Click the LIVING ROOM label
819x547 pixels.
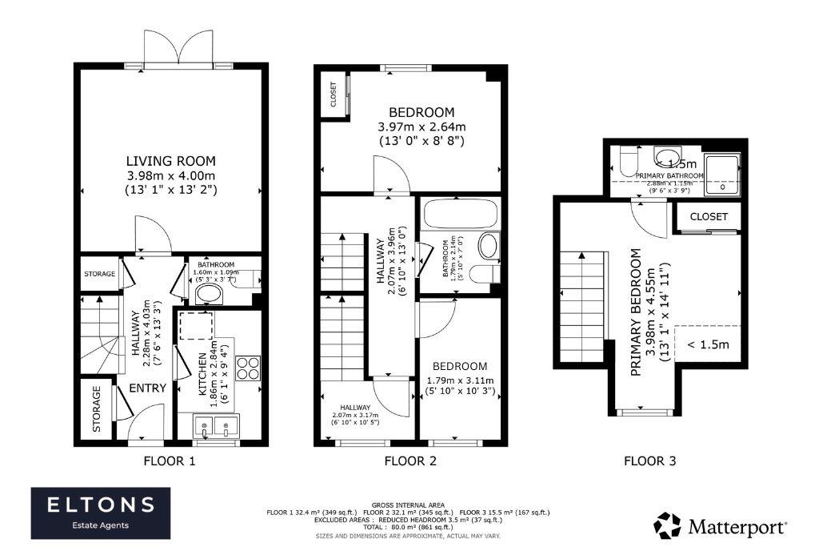(170, 161)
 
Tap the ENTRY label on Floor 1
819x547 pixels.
(147, 388)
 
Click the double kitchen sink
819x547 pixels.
(217, 427)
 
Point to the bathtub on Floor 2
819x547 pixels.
(459, 215)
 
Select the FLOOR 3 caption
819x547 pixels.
(649, 461)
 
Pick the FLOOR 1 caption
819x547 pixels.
(169, 461)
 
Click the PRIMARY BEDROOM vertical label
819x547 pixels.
(643, 312)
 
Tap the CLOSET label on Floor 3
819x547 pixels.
(709, 217)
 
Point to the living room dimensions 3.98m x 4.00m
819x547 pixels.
(170, 175)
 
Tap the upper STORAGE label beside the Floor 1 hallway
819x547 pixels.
(99, 274)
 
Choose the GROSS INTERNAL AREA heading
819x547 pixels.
(409, 505)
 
